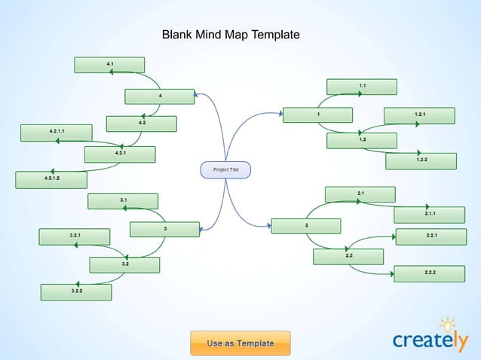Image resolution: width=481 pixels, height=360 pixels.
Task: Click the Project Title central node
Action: coord(225,170)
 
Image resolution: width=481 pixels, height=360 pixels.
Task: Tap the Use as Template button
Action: coord(240,343)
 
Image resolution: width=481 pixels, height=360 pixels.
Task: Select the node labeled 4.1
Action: coord(109,65)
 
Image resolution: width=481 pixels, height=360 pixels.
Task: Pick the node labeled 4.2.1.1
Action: coord(57,133)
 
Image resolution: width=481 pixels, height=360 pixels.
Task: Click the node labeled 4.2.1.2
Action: coord(51,179)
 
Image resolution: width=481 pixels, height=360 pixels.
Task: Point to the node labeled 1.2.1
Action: coord(419,115)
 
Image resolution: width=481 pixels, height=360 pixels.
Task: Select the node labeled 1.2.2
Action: coord(421,161)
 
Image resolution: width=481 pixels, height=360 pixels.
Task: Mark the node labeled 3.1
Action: coord(123,201)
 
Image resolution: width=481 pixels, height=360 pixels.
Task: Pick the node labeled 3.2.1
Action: coord(75,237)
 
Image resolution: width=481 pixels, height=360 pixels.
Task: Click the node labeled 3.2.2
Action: coord(76,291)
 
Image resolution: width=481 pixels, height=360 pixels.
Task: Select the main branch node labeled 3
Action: coord(164,229)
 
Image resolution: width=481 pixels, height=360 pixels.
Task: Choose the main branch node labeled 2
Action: coord(306,226)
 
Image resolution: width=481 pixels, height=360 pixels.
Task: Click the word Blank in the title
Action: coord(178,35)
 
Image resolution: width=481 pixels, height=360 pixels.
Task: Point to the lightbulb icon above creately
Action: coord(448,324)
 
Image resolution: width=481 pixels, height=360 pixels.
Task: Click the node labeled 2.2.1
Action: coord(431,236)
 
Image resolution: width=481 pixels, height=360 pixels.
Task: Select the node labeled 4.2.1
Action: coord(120,154)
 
